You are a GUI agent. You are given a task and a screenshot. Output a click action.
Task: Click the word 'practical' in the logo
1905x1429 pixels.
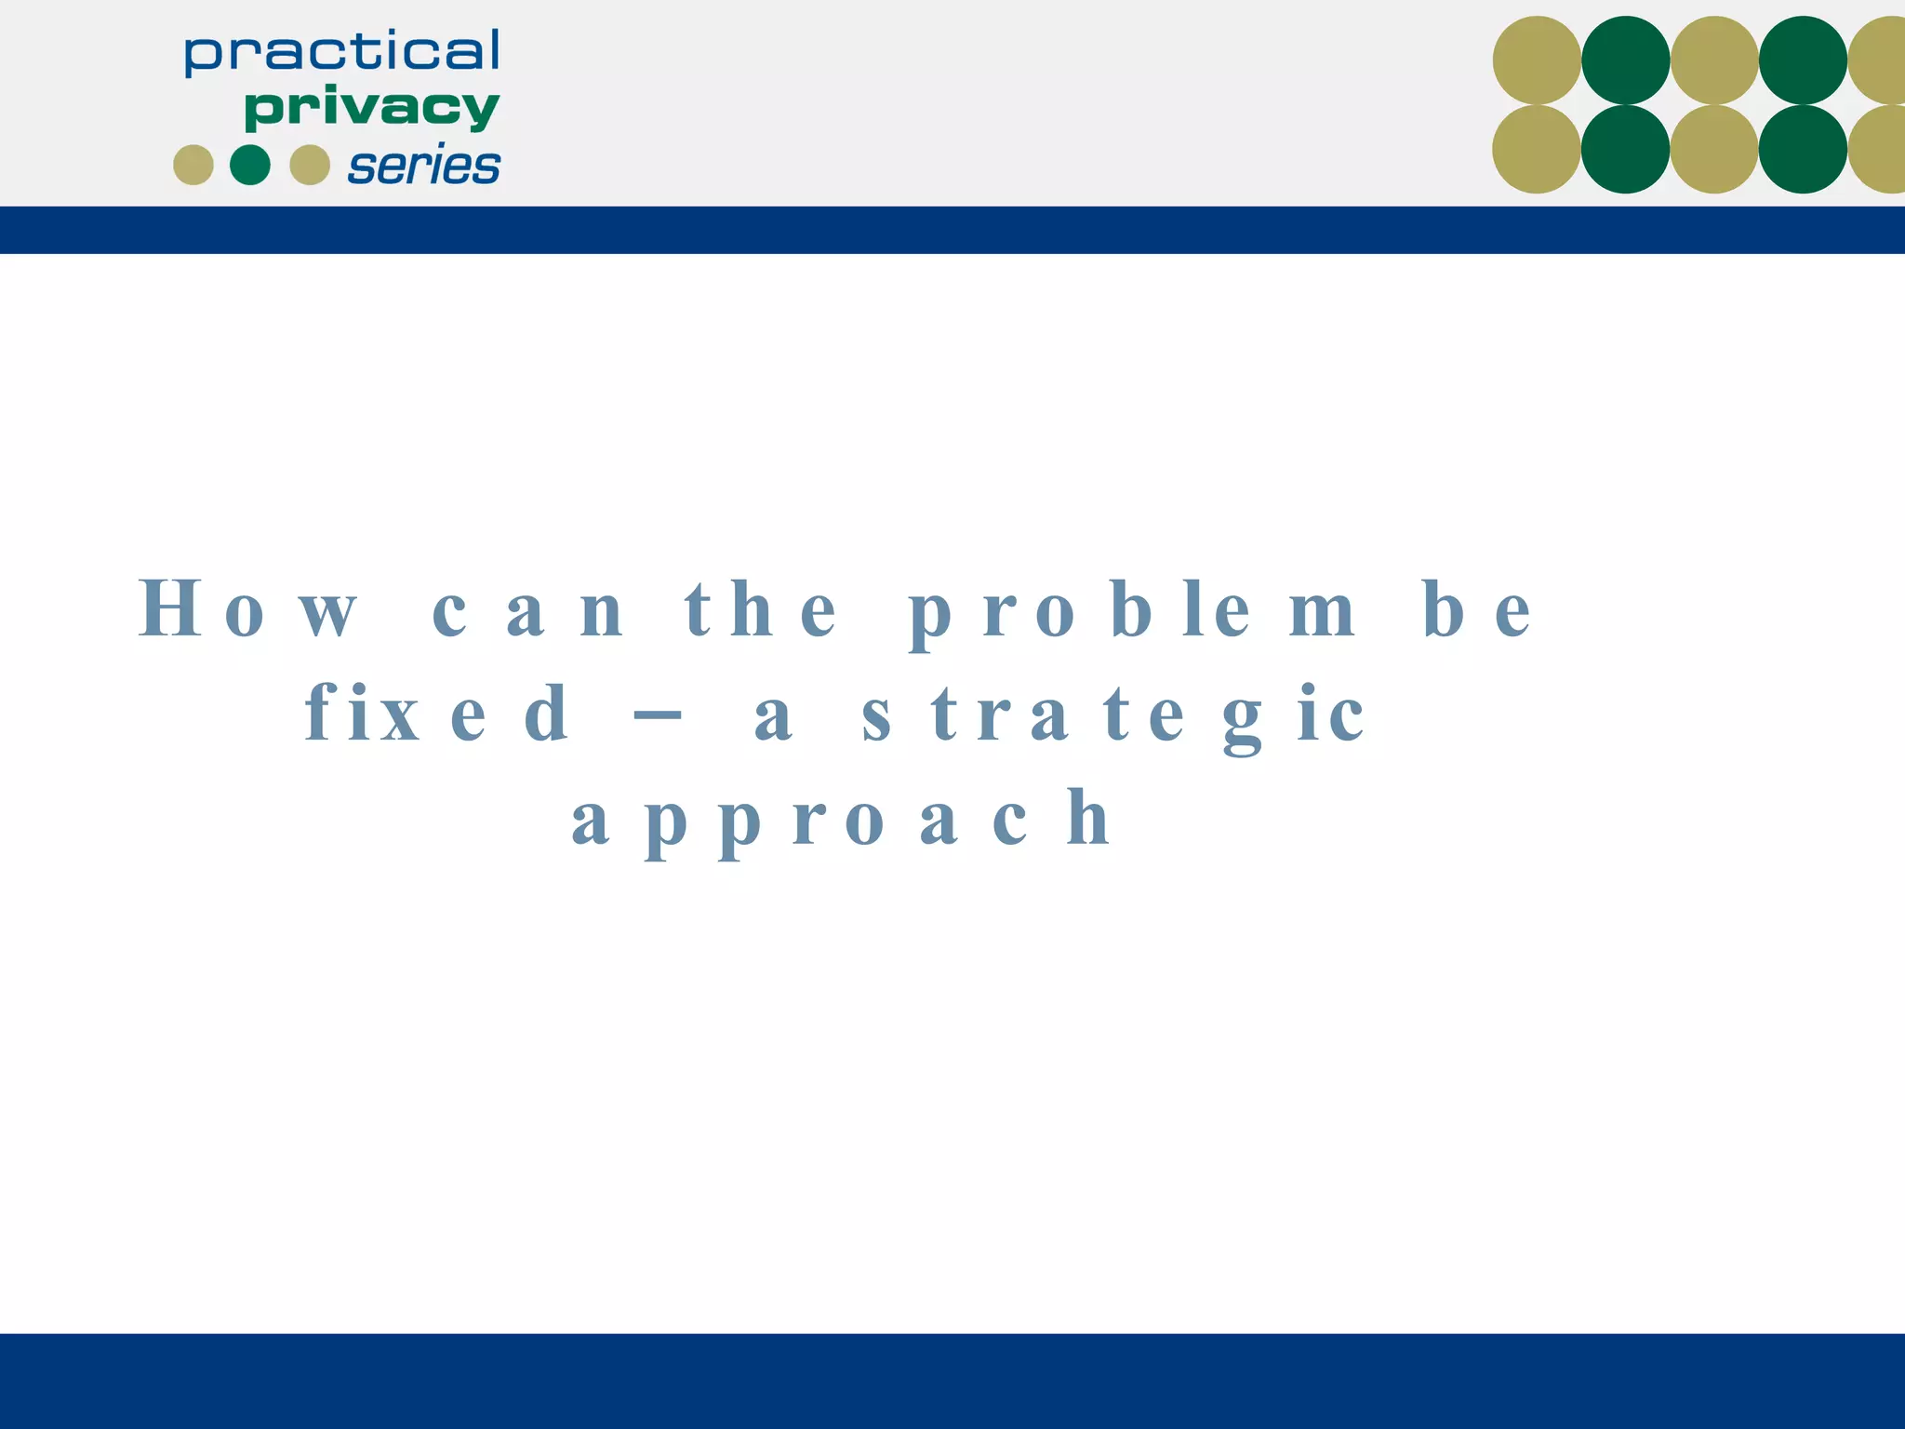(342, 53)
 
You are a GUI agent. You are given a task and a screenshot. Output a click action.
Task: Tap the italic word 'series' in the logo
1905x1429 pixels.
(424, 167)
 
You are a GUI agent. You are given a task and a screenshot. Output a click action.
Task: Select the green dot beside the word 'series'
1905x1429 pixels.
(250, 165)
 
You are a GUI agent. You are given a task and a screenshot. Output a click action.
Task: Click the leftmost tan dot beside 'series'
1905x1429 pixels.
(193, 165)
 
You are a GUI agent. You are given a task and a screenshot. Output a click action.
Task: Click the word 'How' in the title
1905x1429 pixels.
(247, 609)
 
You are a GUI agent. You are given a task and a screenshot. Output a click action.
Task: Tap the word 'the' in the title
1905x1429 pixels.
(760, 610)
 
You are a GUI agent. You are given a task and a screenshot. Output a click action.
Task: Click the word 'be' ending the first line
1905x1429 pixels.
(1476, 610)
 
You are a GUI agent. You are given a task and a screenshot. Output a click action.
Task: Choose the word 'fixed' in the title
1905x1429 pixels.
(436, 714)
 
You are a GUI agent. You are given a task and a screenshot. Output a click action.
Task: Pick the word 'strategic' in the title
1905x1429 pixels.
(1112, 714)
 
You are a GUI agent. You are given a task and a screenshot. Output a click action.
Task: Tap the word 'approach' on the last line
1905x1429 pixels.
(842, 819)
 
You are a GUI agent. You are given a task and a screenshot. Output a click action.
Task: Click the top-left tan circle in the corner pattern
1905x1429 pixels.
(1537, 60)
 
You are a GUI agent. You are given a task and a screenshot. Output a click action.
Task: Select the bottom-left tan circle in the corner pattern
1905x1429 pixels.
(1537, 149)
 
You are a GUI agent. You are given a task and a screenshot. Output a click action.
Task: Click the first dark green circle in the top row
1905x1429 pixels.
(1625, 60)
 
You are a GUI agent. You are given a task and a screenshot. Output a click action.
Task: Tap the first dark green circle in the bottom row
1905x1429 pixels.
(1625, 149)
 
